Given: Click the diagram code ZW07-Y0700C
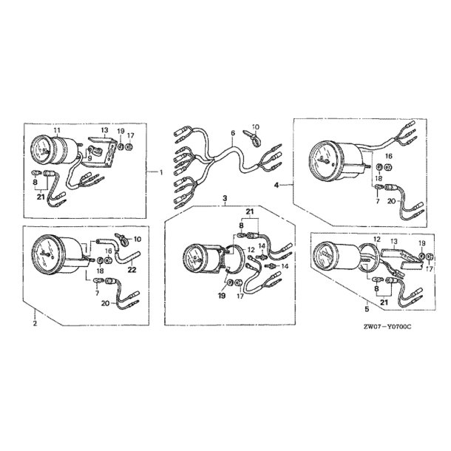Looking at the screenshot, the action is click(x=387, y=327).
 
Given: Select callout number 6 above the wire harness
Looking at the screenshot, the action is click(x=233, y=132).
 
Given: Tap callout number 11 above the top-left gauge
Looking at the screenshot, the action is click(x=57, y=130).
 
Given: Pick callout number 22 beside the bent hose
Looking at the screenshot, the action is click(x=132, y=270).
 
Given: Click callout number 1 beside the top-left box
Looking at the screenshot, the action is click(x=161, y=172).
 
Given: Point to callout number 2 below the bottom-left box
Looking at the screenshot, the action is click(x=35, y=323).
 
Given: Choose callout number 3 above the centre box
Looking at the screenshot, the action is click(x=225, y=198).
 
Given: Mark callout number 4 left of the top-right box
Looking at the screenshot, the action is click(x=277, y=186).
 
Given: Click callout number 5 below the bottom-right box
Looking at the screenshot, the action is click(x=367, y=309).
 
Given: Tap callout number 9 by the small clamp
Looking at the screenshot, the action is click(x=90, y=157).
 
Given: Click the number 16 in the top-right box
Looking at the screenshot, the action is click(x=389, y=156).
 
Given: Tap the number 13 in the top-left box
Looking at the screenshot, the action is click(x=104, y=130).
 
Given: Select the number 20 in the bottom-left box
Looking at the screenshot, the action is click(x=105, y=303).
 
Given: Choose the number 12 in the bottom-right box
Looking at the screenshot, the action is click(x=377, y=239).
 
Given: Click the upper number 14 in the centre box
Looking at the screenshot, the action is click(x=262, y=245).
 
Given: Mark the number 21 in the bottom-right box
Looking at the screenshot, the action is click(x=384, y=302).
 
